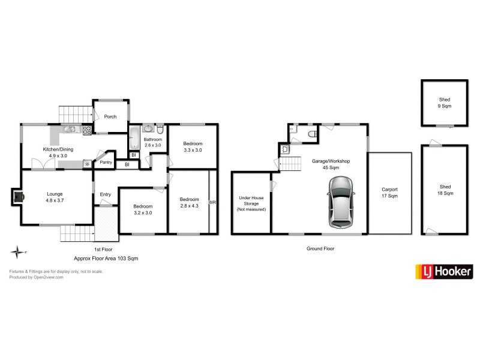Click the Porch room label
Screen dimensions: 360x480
(x=110, y=116)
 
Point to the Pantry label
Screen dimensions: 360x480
(x=106, y=162)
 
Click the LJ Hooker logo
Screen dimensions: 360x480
(x=444, y=271)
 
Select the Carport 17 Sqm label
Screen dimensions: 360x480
(x=389, y=193)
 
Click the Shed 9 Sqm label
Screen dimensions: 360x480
(x=445, y=103)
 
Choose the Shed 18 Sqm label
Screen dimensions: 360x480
(x=445, y=190)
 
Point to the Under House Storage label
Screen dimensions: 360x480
(x=251, y=203)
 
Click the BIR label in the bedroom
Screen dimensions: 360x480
(x=212, y=203)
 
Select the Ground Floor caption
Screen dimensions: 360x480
(x=320, y=248)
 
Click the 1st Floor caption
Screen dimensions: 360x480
(x=103, y=249)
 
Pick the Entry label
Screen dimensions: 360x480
(x=106, y=194)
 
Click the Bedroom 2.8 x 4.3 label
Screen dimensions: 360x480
(x=189, y=203)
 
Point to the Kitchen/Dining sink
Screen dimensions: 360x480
(x=70, y=128)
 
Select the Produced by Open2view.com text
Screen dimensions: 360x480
(x=36, y=277)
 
